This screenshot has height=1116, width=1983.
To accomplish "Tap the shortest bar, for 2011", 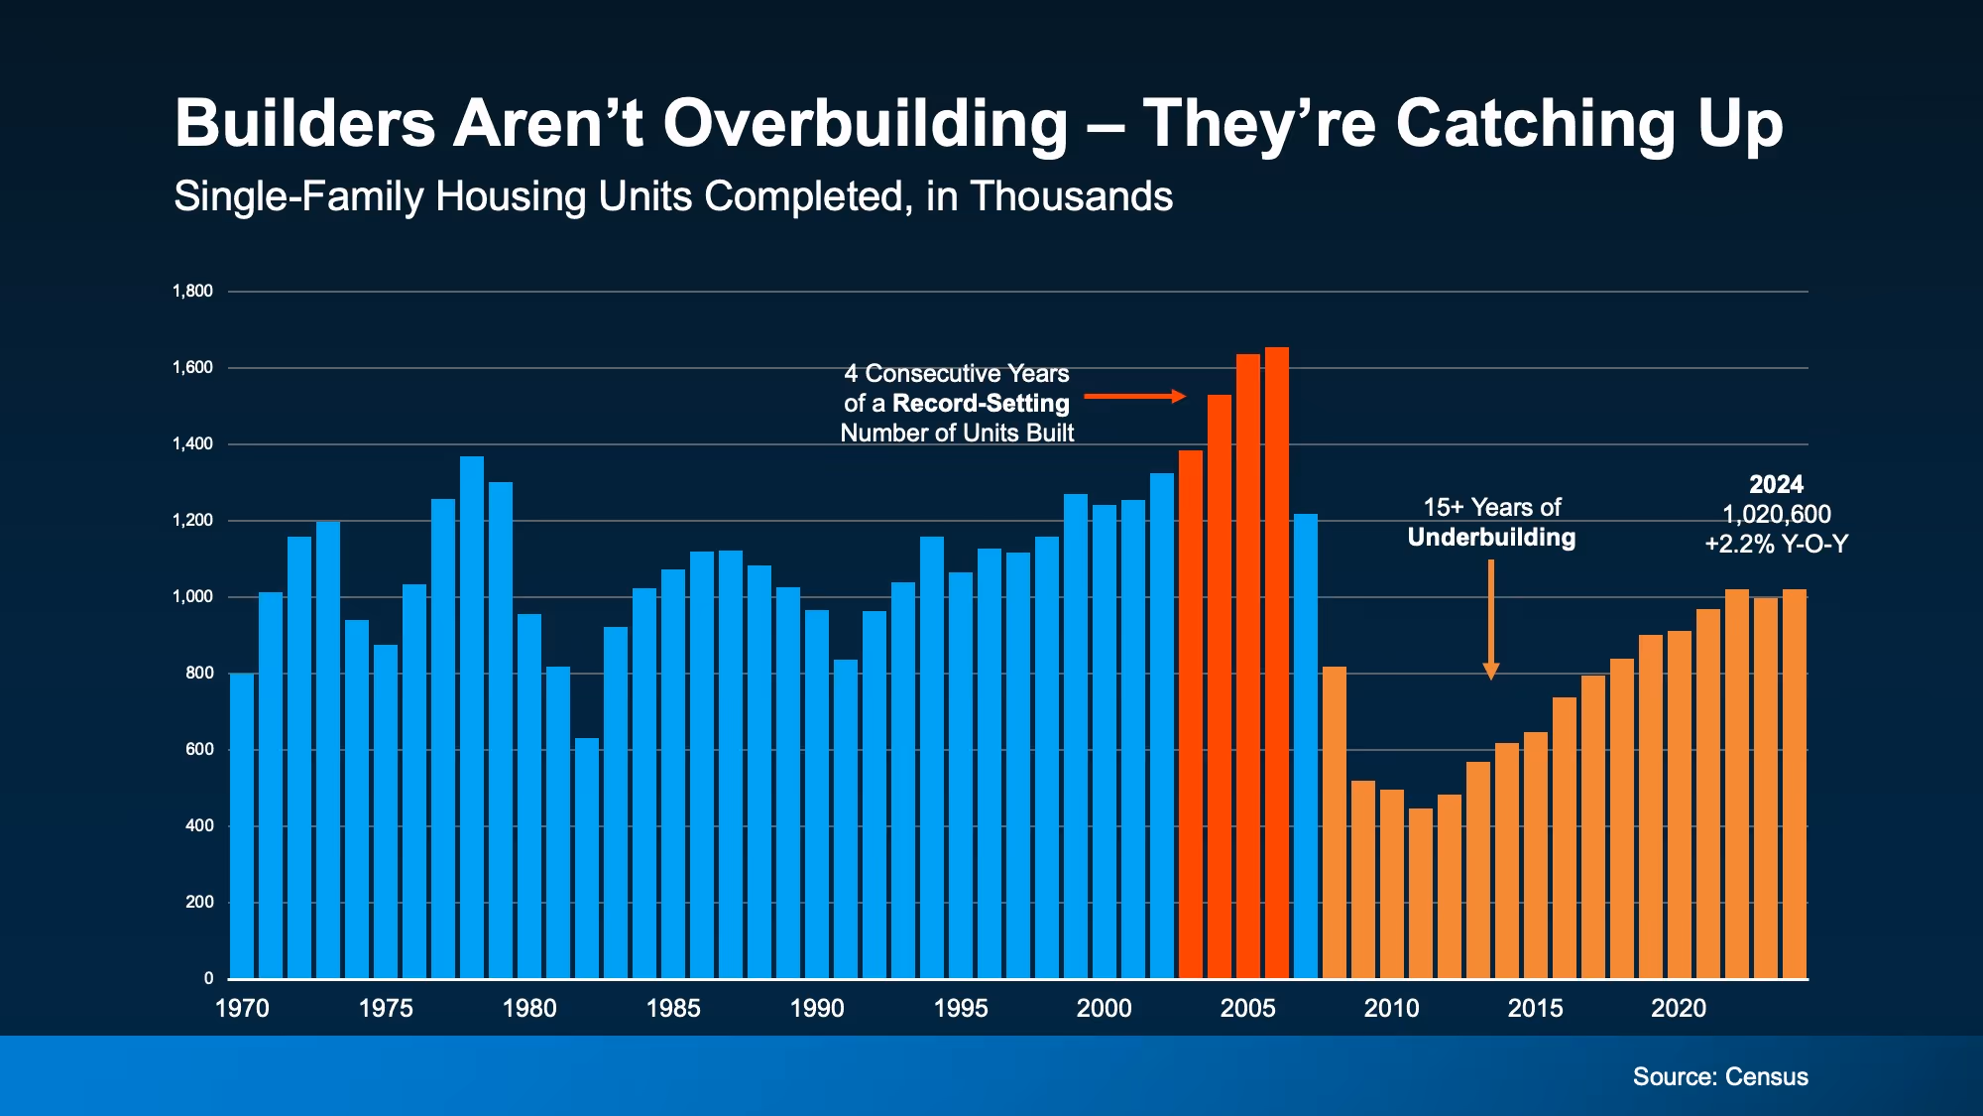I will (1421, 893).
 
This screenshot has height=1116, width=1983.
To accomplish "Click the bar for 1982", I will (587, 858).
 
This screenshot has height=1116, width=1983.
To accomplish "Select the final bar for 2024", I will (1795, 784).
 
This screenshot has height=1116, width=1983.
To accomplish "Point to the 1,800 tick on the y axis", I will (192, 291).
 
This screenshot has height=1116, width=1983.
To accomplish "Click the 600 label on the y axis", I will (199, 749).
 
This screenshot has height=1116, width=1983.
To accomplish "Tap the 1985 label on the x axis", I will (673, 1008).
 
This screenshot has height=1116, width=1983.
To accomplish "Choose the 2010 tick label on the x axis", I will (1391, 1008).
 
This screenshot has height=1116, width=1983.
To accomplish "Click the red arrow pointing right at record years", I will (1134, 397).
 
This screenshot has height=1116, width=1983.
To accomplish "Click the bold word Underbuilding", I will (1491, 538).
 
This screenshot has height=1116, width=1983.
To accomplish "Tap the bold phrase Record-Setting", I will (981, 403).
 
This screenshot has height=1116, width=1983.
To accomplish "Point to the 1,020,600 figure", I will (1777, 514).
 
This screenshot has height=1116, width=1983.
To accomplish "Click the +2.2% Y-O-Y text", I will (1777, 544).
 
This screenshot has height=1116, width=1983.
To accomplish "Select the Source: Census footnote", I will (1720, 1076).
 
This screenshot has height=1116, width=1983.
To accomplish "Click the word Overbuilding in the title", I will (865, 124).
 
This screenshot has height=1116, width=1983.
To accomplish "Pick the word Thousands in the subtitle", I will (1071, 196).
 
